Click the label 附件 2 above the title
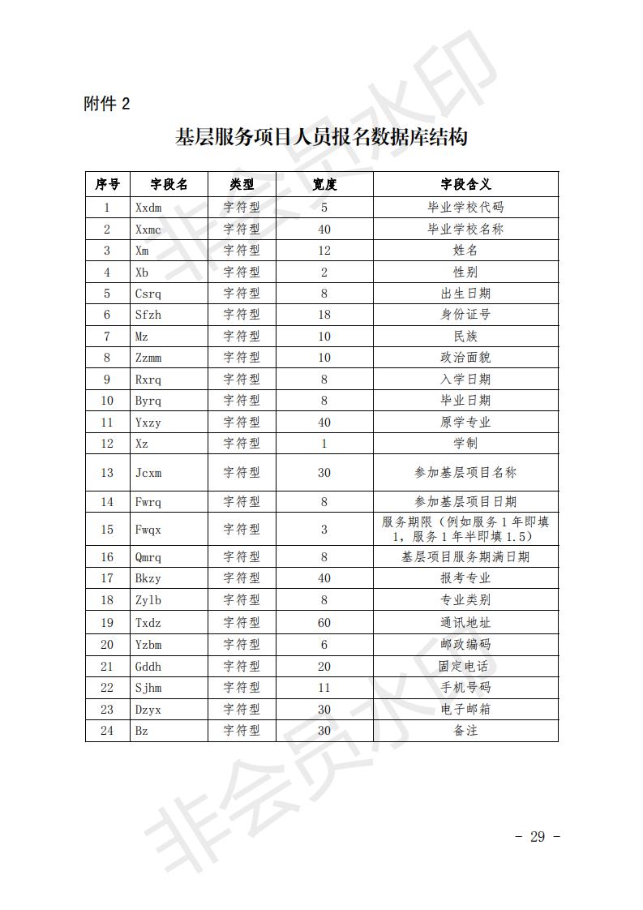[x=106, y=104]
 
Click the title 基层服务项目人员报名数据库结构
[x=321, y=137]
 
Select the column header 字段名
[x=169, y=184]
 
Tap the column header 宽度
[x=324, y=184]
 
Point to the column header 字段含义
[x=465, y=184]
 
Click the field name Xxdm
[x=148, y=208]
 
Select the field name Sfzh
[x=148, y=315]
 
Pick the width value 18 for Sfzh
[x=324, y=315]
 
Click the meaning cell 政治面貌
[x=465, y=358]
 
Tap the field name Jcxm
[x=148, y=473]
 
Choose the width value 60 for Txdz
[x=324, y=623]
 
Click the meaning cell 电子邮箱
[x=465, y=709]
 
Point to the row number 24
[x=107, y=731]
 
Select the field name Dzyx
[x=148, y=709]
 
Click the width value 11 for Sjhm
[x=324, y=688]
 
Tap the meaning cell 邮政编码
[x=465, y=645]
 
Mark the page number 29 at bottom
[x=537, y=837]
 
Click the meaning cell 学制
[x=465, y=444]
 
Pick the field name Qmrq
[x=148, y=557]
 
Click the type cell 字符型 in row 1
[x=242, y=208]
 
